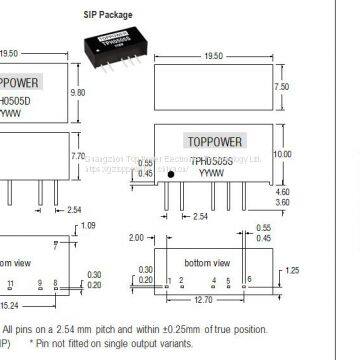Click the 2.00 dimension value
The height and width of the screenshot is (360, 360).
tap(140, 238)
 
